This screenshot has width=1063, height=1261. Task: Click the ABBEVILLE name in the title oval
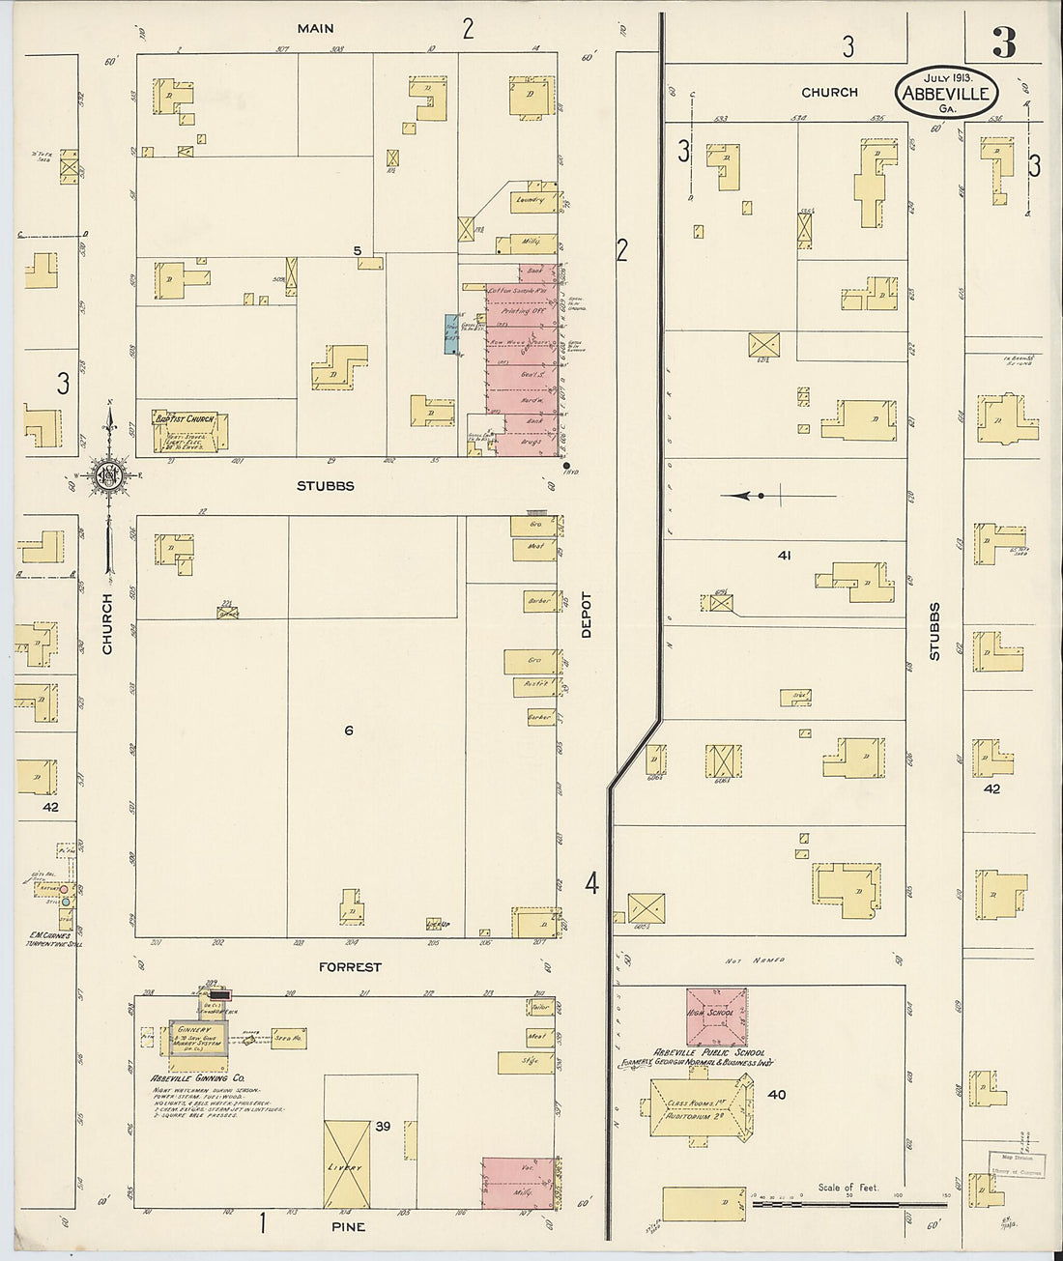(x=946, y=94)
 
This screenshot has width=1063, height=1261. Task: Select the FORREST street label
(x=349, y=967)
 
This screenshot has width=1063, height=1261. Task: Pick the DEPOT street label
(x=586, y=614)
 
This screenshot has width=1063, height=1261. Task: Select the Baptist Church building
(x=190, y=433)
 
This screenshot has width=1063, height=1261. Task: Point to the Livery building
(x=348, y=1166)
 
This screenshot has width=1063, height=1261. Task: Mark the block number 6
(x=349, y=731)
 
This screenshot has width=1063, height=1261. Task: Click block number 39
(x=384, y=1125)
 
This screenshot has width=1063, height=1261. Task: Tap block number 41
(x=785, y=556)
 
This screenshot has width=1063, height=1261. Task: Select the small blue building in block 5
(x=451, y=333)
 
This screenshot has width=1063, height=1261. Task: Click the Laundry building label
(x=531, y=200)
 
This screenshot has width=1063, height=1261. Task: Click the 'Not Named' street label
(x=756, y=960)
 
